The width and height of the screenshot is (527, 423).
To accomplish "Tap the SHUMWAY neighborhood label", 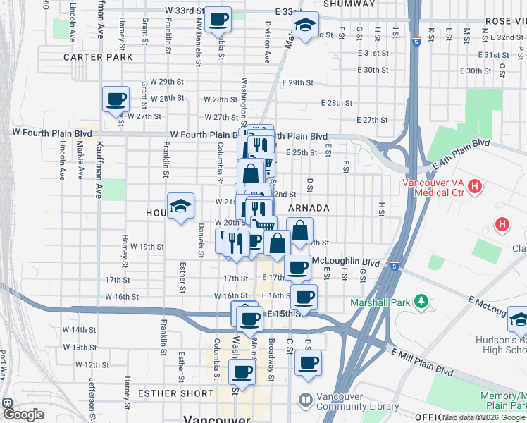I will coord(349,4).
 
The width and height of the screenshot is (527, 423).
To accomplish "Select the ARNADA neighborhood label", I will coord(309,209).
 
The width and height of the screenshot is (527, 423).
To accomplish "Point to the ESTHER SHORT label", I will coord(175,393).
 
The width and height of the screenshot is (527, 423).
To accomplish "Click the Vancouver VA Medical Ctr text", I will coord(433,188).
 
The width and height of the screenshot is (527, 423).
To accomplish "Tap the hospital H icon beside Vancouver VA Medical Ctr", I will coord(476,188).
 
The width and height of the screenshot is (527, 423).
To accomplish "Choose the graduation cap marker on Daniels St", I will coord(180,206).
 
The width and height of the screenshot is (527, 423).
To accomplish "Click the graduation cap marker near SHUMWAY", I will coord(304,25).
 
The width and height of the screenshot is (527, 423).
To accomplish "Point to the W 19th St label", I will coord(147,247).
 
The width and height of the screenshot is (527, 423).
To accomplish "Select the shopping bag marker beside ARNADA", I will coord(300,231).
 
